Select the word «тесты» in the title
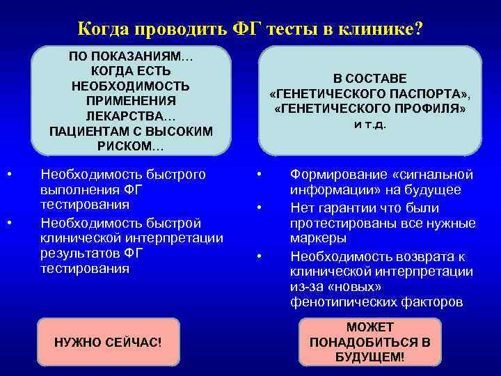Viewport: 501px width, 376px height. [x=292, y=29]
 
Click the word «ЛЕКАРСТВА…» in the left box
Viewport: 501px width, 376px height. [x=131, y=116]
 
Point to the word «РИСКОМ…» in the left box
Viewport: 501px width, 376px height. [x=131, y=146]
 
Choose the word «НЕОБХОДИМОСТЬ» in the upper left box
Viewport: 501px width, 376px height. [x=131, y=86]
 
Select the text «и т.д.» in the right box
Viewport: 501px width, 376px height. [x=369, y=125]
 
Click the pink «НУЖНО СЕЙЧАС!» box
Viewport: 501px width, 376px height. [x=108, y=343]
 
